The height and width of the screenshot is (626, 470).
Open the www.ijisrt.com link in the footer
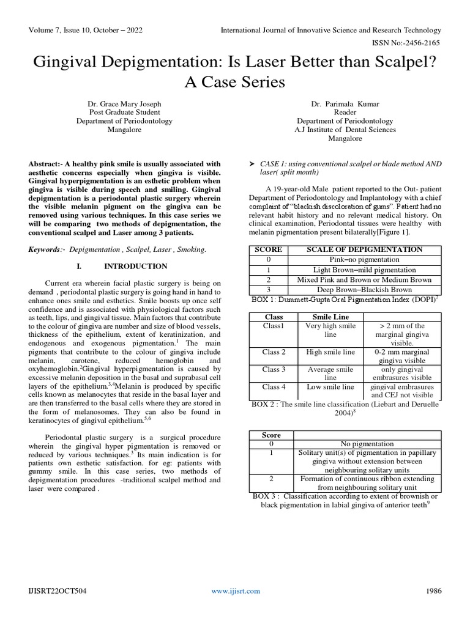(236, 591)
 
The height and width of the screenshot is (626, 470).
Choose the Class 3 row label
(274, 369)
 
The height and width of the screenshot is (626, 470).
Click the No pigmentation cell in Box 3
(367, 444)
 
